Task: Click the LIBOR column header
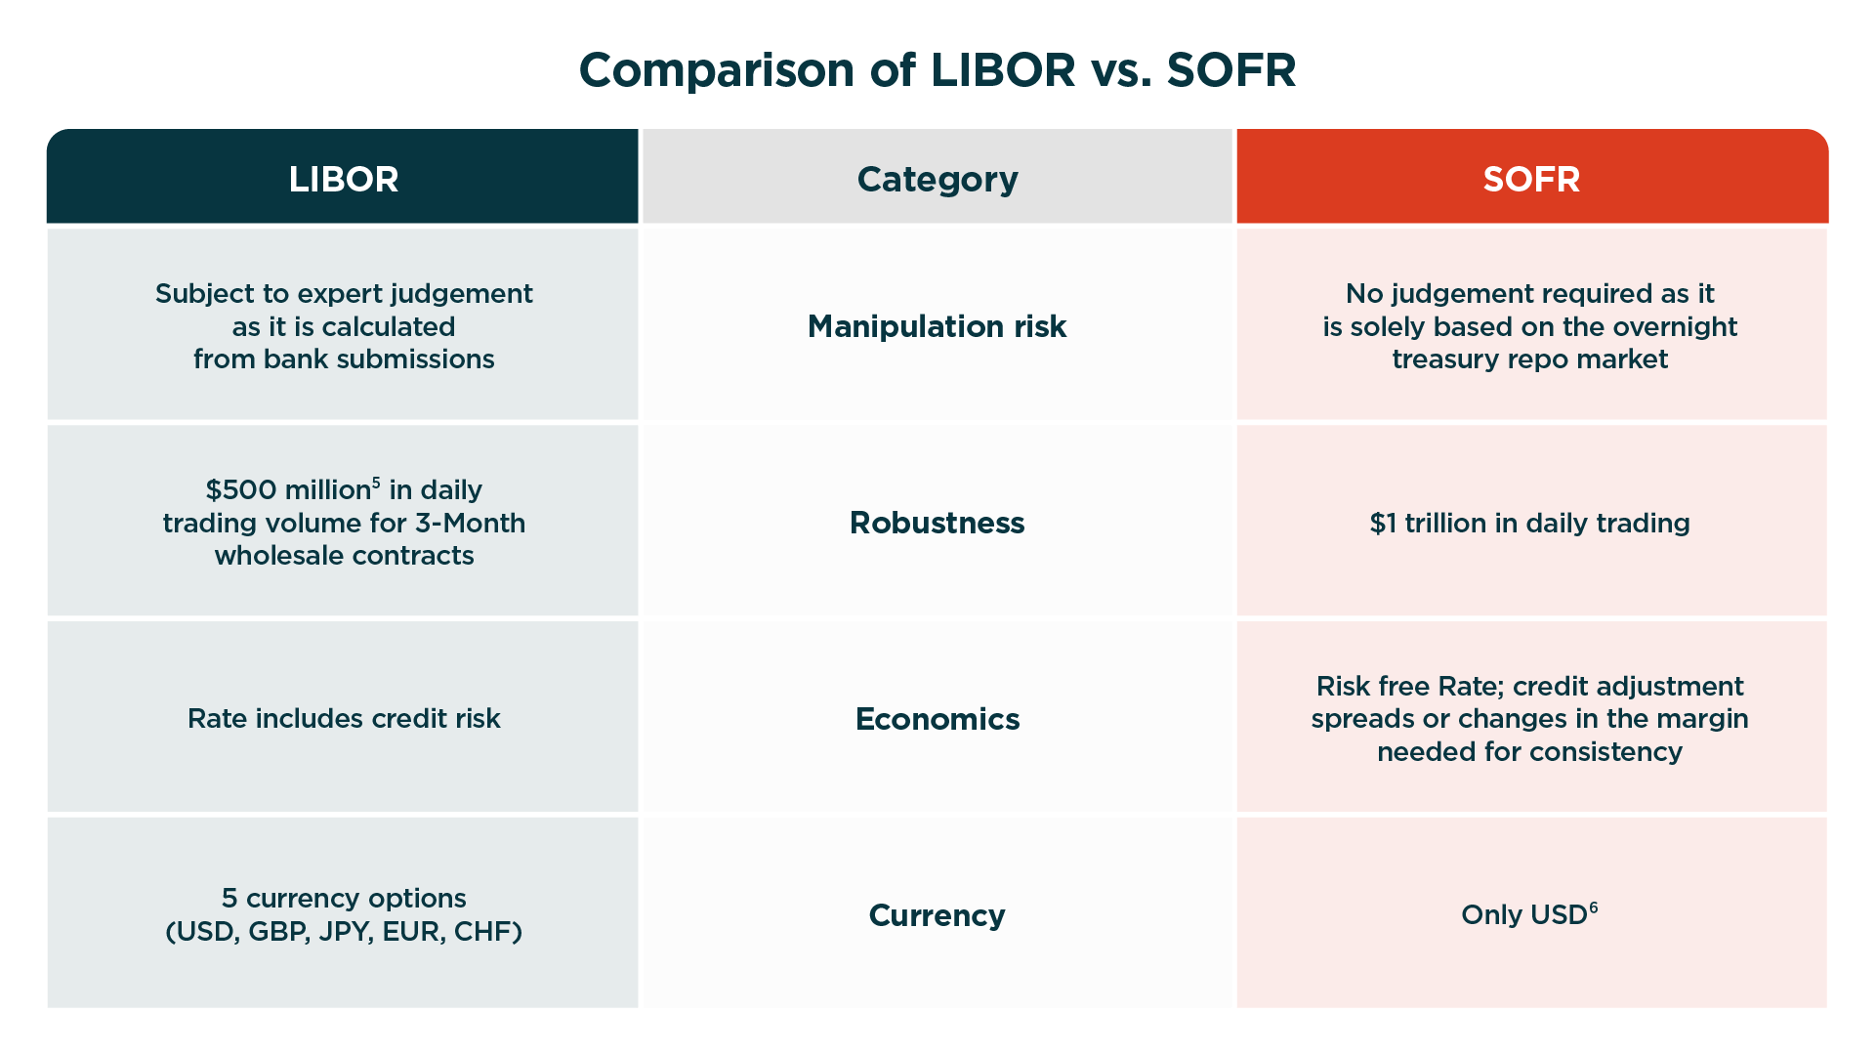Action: click(x=344, y=180)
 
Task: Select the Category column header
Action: click(x=938, y=180)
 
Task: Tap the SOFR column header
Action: click(x=1531, y=180)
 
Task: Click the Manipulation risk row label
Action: click(x=938, y=326)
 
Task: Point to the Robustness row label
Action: click(x=938, y=523)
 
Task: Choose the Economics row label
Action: click(x=938, y=719)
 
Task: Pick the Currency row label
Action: click(x=938, y=915)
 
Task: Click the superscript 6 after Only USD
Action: click(x=1594, y=907)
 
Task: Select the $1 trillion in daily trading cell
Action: click(x=1530, y=524)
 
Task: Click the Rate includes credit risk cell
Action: click(x=344, y=719)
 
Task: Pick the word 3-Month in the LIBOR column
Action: click(x=471, y=524)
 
